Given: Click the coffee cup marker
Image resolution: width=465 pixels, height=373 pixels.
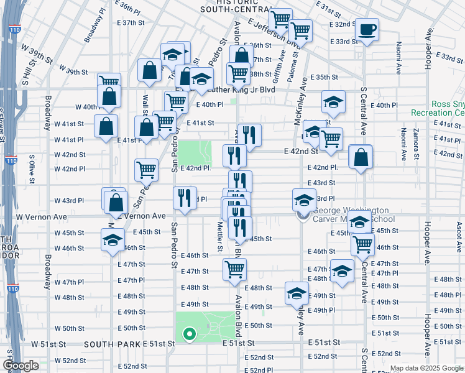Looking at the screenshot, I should point(367,29).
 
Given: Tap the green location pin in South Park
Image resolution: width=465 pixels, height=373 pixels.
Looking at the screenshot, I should point(189,335).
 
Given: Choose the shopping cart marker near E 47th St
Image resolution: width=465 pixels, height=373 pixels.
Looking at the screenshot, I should point(235,269).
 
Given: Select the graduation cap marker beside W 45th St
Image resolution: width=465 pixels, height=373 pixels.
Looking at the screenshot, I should point(113,240).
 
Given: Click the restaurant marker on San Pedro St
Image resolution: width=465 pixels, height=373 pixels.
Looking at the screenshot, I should point(185,198).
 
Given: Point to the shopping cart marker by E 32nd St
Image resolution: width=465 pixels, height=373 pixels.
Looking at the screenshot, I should point(300,29).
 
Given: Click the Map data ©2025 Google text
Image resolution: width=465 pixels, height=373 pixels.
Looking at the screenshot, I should point(426,368).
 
